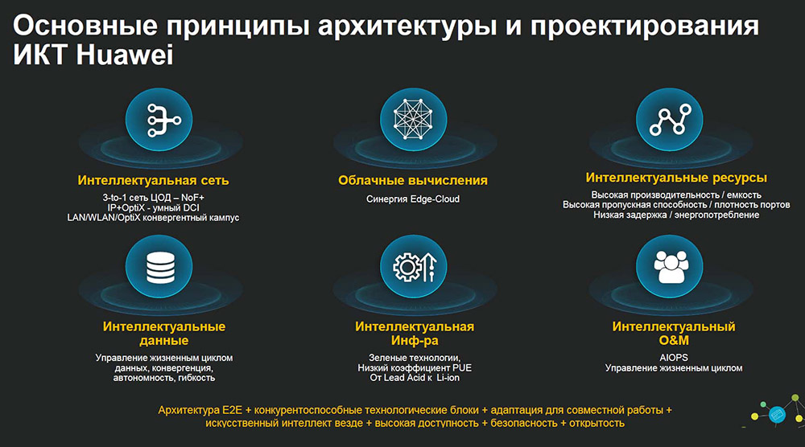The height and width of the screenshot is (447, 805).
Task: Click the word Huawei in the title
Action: click(x=125, y=55)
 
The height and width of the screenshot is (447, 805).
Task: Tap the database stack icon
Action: click(x=160, y=267)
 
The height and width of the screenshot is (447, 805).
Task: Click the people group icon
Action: click(x=671, y=267)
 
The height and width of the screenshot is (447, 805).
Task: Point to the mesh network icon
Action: click(x=413, y=120)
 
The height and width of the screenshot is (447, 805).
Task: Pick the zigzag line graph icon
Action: click(x=670, y=120)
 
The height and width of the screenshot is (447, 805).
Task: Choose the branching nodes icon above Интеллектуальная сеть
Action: click(x=163, y=121)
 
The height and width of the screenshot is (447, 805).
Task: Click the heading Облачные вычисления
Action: click(x=413, y=180)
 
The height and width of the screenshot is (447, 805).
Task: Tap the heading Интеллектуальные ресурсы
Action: click(x=676, y=178)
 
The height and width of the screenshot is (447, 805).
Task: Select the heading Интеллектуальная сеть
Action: click(x=153, y=180)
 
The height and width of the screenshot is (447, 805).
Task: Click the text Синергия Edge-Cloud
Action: click(x=413, y=199)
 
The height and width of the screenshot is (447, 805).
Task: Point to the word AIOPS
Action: click(x=674, y=357)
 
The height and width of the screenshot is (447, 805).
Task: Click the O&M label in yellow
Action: click(x=674, y=340)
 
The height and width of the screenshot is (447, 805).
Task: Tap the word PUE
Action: click(x=461, y=367)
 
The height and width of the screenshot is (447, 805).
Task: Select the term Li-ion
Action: click(x=448, y=378)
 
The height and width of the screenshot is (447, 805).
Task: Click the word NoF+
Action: click(x=192, y=197)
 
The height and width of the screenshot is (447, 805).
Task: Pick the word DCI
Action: click(x=191, y=207)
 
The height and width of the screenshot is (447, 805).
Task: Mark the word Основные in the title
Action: click(x=85, y=26)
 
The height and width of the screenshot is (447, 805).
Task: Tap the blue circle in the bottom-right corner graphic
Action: click(x=778, y=414)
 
